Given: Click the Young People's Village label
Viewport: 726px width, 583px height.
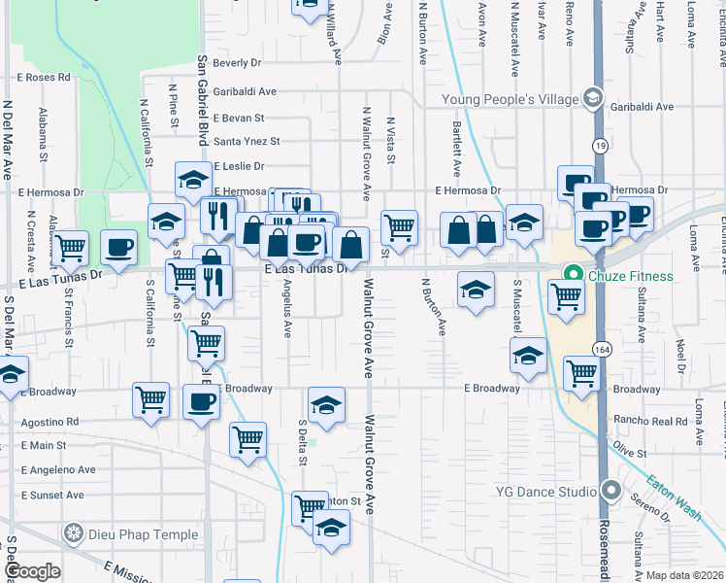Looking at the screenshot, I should click(x=510, y=98).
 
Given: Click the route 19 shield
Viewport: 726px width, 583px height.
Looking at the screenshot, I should click(x=602, y=145).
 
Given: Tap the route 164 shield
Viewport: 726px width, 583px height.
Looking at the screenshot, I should click(x=602, y=349).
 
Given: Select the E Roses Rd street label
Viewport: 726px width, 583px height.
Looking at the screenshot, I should click(x=44, y=77).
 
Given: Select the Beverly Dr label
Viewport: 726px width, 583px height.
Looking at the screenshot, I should click(x=238, y=63).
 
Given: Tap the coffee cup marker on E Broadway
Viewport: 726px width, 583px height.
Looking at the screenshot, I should click(x=201, y=401).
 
